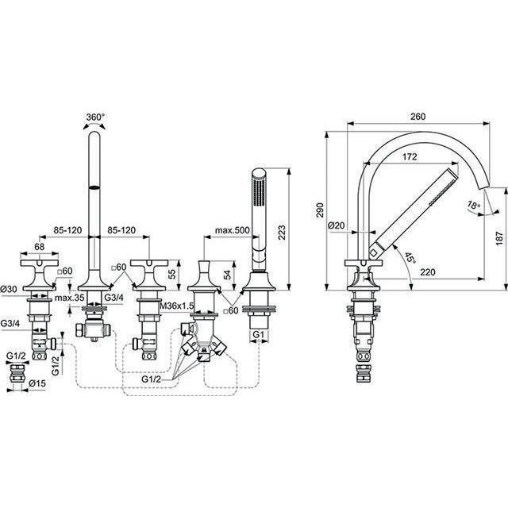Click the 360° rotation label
click(x=95, y=117)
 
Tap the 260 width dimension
click(x=418, y=117)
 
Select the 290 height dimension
click(x=320, y=210)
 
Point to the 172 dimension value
click(x=410, y=157)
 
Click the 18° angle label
click(x=474, y=205)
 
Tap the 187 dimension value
click(x=500, y=238)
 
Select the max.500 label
click(x=233, y=230)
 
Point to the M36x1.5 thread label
click(x=177, y=306)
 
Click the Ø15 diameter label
click(x=37, y=383)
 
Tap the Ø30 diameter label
click(x=10, y=288)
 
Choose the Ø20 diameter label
click(x=337, y=225)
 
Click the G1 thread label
click(x=259, y=334)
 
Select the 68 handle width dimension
click(x=39, y=247)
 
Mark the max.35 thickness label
click(x=69, y=298)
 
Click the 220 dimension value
click(x=428, y=272)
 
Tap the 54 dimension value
click(x=228, y=275)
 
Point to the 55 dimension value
click(x=173, y=274)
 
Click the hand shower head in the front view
click(x=259, y=189)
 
